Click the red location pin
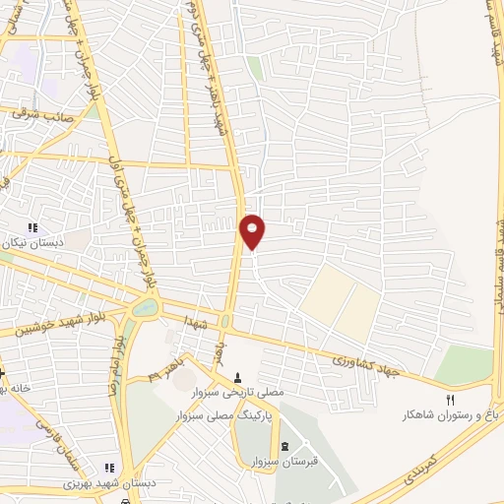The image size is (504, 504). click(253, 230)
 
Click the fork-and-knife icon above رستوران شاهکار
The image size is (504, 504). click(451, 400)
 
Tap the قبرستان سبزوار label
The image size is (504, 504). click(285, 461)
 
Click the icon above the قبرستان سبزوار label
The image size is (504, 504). click(285, 446)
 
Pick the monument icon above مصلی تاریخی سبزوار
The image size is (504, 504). click(238, 378)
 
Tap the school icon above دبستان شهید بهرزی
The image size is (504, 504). click(109, 468)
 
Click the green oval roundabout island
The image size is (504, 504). click(144, 309)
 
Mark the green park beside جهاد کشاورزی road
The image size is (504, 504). click(464, 365)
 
